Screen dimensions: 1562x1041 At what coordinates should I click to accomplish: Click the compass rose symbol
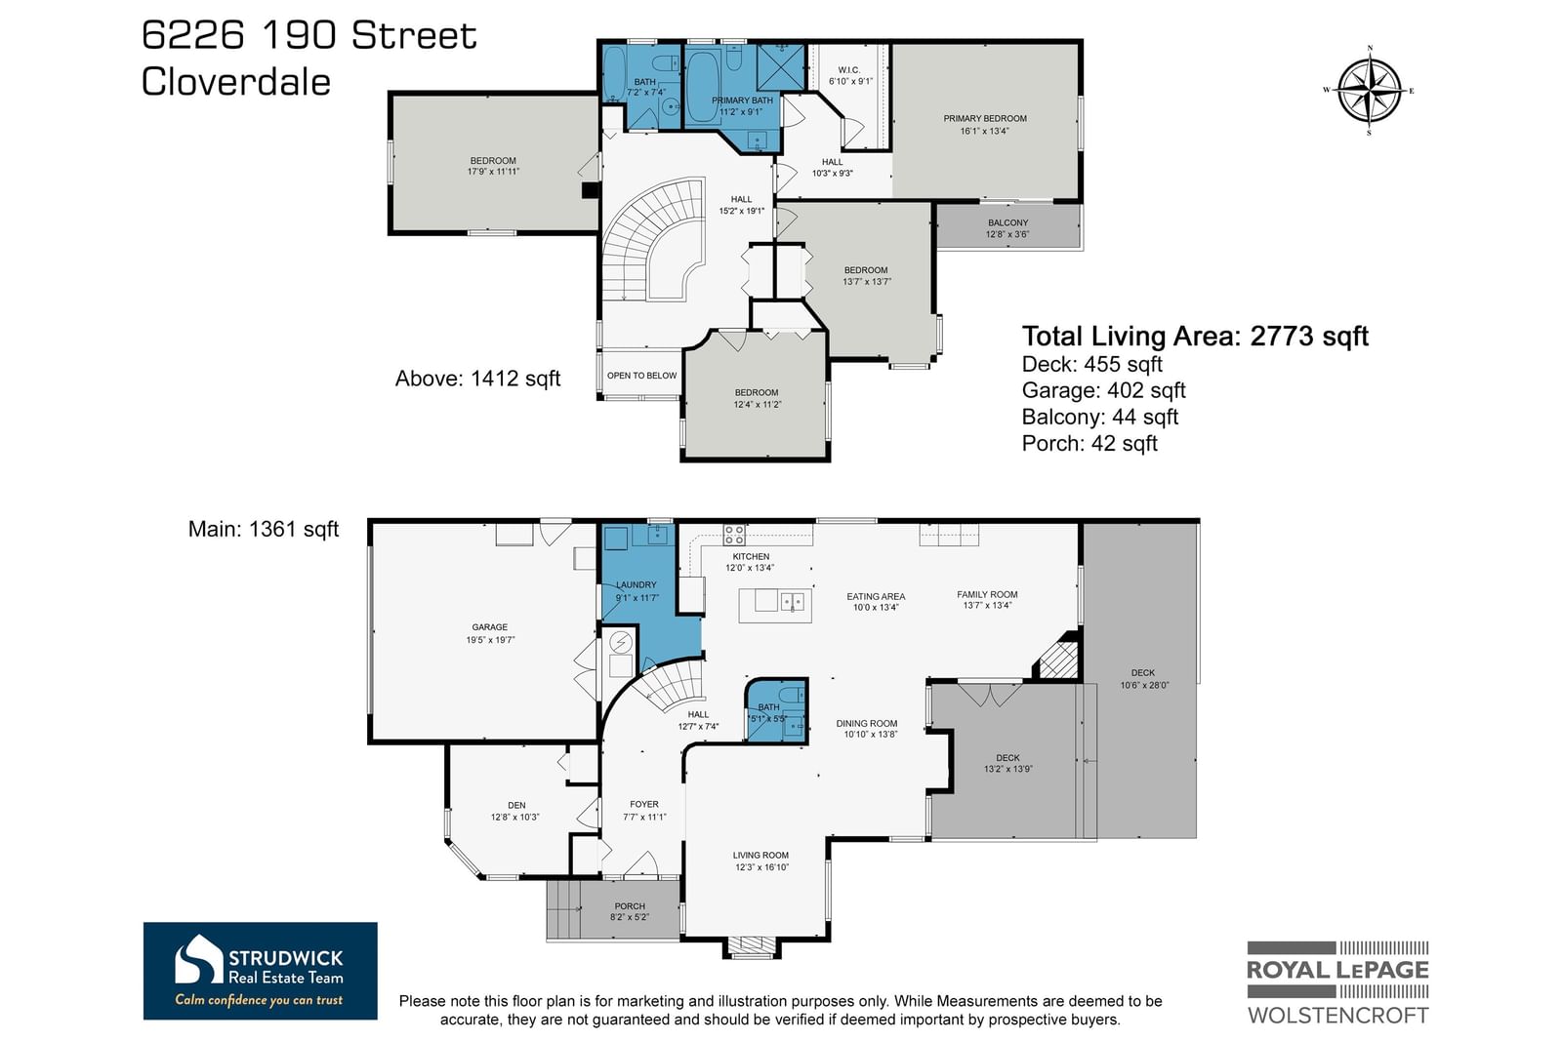click(1370, 91)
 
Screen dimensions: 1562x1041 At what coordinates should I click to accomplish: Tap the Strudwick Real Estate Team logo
click(260, 971)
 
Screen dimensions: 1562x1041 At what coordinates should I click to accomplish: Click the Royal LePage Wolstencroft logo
click(1337, 982)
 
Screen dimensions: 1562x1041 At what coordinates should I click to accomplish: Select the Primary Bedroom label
click(985, 118)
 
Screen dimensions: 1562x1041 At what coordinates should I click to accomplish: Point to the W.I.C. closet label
click(848, 69)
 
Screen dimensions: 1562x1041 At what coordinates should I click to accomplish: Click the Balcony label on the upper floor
click(1007, 223)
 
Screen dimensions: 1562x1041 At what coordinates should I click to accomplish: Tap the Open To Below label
click(641, 376)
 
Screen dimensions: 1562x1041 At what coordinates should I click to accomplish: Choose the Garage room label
click(489, 627)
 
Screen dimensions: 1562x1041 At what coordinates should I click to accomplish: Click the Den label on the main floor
click(516, 806)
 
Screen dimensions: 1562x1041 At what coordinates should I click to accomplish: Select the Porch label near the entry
click(630, 906)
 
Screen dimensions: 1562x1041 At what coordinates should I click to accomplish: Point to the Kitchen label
click(751, 557)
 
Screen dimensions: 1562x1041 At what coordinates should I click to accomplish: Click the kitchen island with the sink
click(775, 605)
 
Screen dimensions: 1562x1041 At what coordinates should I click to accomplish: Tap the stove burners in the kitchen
click(733, 535)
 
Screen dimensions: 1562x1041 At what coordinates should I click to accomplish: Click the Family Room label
click(987, 594)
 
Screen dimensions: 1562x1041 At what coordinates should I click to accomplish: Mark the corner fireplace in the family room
click(1058, 655)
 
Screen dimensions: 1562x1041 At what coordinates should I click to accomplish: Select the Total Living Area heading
click(1195, 337)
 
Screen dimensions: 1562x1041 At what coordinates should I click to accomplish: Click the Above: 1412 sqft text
click(477, 379)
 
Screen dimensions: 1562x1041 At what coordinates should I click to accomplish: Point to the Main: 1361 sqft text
click(264, 529)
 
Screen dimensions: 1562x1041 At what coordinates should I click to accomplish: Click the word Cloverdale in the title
click(235, 82)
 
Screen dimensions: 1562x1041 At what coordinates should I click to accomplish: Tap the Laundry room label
click(636, 585)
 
